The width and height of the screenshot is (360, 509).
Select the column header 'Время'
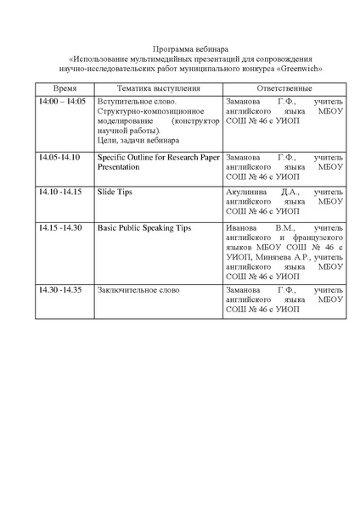point(65,88)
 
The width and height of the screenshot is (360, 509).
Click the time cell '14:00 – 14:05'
point(62,102)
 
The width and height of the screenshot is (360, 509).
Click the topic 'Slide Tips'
point(115,193)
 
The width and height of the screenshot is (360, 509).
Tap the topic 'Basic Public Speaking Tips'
point(144,228)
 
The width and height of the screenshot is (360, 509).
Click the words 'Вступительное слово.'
point(136,102)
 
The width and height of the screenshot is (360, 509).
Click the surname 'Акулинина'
point(248,193)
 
